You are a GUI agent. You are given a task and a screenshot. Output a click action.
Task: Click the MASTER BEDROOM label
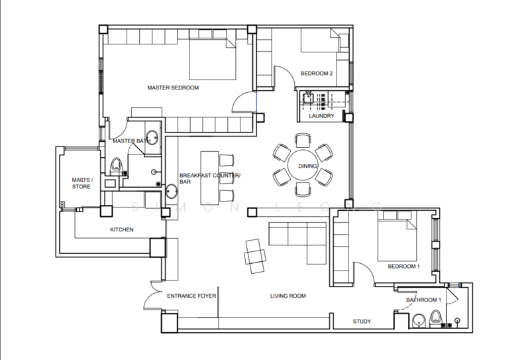point(173,88)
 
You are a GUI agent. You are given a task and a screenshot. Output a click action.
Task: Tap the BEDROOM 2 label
point(317,74)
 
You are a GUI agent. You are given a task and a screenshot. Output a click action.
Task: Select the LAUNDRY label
point(321,116)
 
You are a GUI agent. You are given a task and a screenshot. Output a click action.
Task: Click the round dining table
point(303,165)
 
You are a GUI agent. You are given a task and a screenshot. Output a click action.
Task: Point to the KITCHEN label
point(122,230)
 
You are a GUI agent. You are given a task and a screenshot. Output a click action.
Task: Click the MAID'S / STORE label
point(82,184)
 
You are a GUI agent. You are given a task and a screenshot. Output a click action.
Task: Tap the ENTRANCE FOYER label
point(191,296)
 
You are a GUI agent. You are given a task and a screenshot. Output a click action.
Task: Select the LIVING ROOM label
point(288,296)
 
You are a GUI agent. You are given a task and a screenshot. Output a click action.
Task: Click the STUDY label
point(362,322)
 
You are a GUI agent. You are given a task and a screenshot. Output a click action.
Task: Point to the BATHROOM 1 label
point(423,300)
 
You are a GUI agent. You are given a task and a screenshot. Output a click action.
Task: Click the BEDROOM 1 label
point(404,267)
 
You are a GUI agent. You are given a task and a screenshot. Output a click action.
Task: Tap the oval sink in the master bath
point(152,137)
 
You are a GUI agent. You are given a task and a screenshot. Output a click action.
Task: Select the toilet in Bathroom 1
point(435,319)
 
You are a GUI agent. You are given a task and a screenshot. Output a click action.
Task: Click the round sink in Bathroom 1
point(419,320)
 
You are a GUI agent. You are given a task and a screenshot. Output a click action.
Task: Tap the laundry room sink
point(308,97)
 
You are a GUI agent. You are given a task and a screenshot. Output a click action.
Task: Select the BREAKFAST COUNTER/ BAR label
point(210,178)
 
